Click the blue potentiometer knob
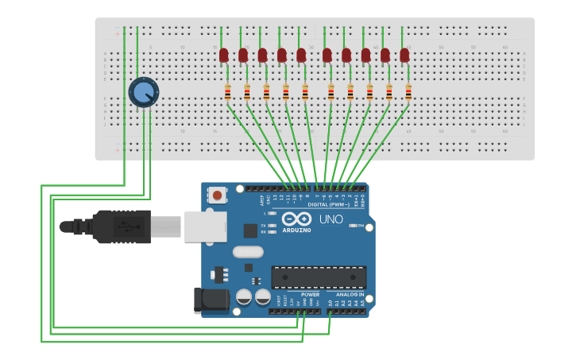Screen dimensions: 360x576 pos(144,92)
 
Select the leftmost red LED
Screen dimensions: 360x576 pos(224,55)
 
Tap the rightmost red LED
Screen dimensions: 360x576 pos(404,55)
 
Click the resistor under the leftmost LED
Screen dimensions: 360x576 pos(228,93)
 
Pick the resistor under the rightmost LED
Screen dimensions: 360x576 pos(408,93)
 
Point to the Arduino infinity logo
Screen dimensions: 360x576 pos(296,219)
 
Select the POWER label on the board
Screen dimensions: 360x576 pos(310,294)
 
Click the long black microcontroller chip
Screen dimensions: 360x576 pos(319,277)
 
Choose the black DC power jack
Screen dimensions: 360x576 pos(211,300)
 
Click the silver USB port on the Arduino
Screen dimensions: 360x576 pos(205,226)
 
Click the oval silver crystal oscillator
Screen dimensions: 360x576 pos(248,252)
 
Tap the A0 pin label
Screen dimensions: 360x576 pos(331,303)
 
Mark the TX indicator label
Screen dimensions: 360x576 pos(263,226)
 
